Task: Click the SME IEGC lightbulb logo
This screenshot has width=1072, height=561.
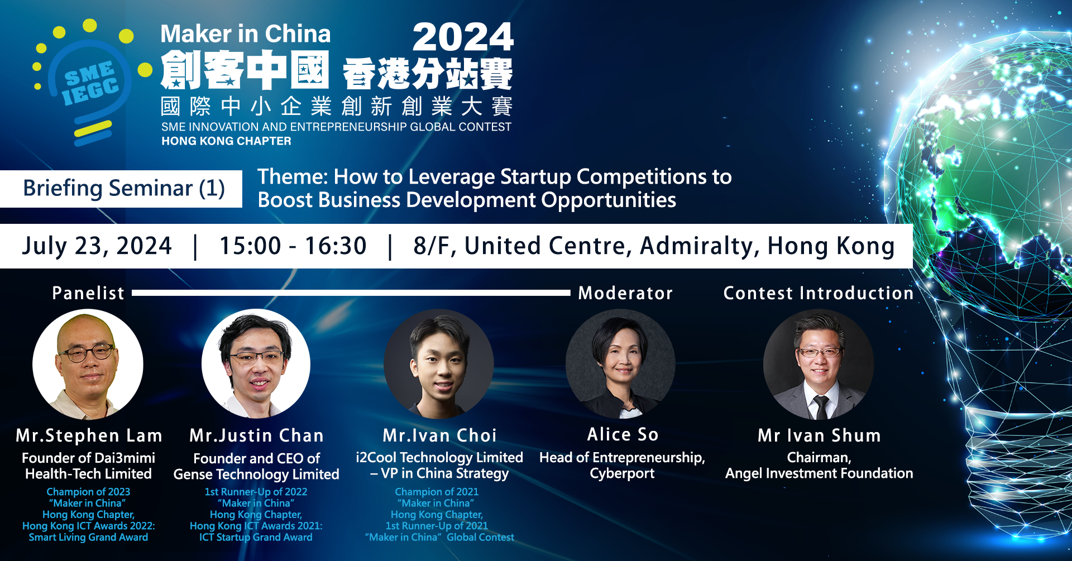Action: [89, 84]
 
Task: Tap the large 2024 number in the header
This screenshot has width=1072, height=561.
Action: [463, 37]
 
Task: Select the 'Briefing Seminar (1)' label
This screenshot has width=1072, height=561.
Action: [124, 189]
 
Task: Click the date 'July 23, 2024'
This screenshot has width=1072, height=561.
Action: [97, 246]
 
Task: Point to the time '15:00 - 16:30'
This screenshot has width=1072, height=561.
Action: [293, 246]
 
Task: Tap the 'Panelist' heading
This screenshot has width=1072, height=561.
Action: [88, 293]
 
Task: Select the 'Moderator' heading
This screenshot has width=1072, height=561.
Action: [625, 293]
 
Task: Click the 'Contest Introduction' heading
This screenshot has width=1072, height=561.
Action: [819, 293]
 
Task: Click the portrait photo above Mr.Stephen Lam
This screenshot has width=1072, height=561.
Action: [88, 365]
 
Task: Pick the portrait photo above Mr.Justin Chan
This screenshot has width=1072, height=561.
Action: [256, 365]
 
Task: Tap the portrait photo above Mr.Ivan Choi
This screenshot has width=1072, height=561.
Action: [439, 365]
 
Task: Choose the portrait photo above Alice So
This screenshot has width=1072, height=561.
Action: [620, 365]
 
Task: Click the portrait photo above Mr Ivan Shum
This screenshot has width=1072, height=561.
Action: [819, 365]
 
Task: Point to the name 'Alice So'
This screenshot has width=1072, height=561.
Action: [623, 434]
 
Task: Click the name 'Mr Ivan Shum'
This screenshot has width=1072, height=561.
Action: [819, 435]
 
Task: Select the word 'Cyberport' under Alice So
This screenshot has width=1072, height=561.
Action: [622, 473]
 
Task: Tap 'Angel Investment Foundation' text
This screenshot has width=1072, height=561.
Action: [819, 473]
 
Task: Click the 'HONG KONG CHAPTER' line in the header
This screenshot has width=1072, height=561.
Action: [226, 141]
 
